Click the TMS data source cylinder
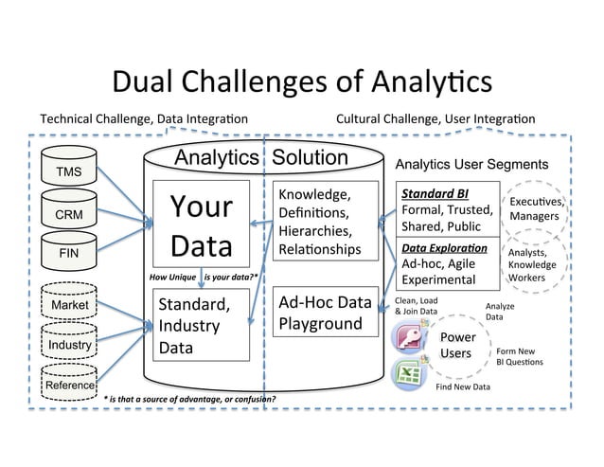[x=69, y=172]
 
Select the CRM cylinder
[x=69, y=215]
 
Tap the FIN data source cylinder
[x=69, y=255]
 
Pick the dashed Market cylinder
[x=69, y=306]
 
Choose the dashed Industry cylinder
[x=69, y=345]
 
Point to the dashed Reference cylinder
[x=69, y=386]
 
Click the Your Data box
[x=201, y=226]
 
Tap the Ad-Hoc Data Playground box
[x=325, y=314]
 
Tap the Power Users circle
[x=458, y=345]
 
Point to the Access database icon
[x=408, y=333]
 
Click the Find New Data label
[x=462, y=387]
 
